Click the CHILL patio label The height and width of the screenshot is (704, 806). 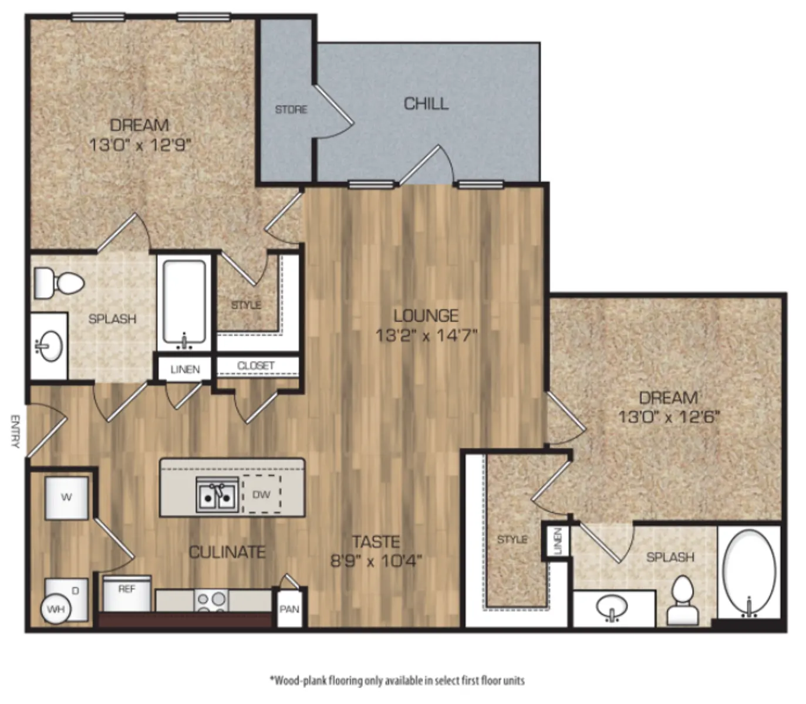coord(426,104)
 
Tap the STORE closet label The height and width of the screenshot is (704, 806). coord(291,110)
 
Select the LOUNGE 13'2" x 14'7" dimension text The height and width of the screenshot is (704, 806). coord(426,336)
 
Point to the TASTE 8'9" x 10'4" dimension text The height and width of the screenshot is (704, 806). coord(376,561)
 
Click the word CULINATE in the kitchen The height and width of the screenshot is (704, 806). coord(227,552)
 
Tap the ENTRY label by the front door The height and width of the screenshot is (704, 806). coord(15,431)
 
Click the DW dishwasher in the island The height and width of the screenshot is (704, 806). coord(261,494)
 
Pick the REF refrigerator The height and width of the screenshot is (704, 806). coord(127,593)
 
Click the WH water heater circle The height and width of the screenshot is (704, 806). coord(56,610)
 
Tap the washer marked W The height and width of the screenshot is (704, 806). coord(66,498)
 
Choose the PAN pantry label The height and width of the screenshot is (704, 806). coord(289,609)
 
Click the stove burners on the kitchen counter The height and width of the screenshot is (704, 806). coord(211,601)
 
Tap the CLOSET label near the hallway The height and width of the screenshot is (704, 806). coord(256,365)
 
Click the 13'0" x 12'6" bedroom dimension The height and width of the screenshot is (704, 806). coord(669,416)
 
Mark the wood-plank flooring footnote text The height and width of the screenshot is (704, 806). coord(397,681)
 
